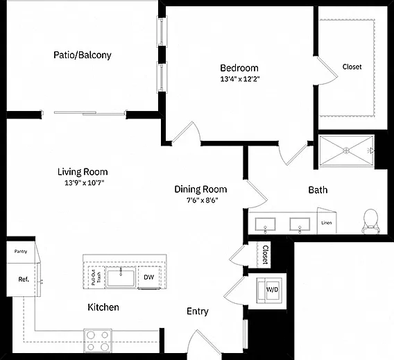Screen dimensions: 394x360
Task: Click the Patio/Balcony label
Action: coord(83,55)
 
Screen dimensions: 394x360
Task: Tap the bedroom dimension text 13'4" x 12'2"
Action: coord(240,79)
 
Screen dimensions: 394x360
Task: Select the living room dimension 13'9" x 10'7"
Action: coord(84,182)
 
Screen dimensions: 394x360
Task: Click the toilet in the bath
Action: coord(371,221)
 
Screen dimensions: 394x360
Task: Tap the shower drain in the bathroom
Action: coord(347,151)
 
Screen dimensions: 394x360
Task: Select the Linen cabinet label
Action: coord(327,223)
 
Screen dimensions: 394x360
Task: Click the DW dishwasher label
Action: coord(148,277)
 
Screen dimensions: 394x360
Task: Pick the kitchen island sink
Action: coord(121,277)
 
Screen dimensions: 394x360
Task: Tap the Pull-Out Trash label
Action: coord(96,277)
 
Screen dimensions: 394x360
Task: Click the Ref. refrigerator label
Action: coord(24,279)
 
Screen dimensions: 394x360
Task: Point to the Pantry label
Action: coord(21,251)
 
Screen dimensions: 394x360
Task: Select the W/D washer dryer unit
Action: coord(269,290)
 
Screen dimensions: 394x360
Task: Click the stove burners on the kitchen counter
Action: coord(98,341)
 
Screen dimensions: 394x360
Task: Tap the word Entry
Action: coord(198,311)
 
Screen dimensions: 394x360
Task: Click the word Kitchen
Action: coord(103,307)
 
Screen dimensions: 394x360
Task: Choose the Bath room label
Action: coord(318,190)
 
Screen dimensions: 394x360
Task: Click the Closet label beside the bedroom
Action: coord(352,67)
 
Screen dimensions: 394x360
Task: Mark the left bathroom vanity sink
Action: coord(265,224)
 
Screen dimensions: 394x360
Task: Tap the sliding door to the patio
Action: coord(89,113)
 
